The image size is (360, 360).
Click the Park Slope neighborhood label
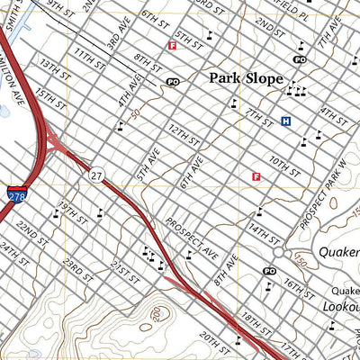(x=246, y=78)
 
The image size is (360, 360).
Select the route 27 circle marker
(x=95, y=175)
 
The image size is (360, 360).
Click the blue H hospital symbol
(x=286, y=121)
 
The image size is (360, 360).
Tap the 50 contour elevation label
(x=135, y=114)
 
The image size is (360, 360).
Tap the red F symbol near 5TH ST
(x=171, y=46)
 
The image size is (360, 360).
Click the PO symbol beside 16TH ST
(x=269, y=271)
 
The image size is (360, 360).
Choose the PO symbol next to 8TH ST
(x=173, y=81)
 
